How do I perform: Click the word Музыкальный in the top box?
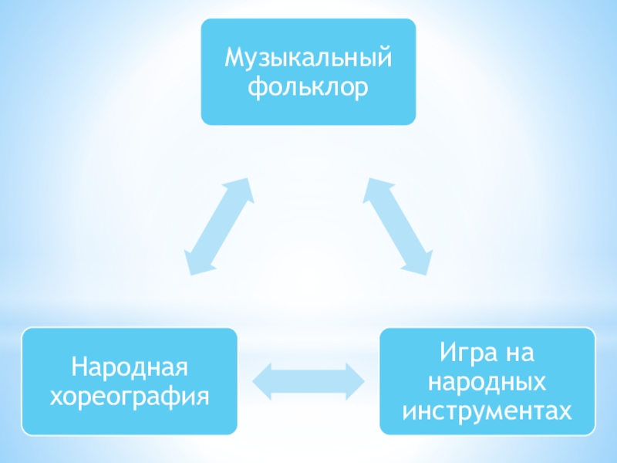[308, 59]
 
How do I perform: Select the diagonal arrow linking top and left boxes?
[220, 226]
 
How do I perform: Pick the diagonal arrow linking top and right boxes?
[396, 226]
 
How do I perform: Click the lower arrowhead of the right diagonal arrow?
[418, 264]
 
